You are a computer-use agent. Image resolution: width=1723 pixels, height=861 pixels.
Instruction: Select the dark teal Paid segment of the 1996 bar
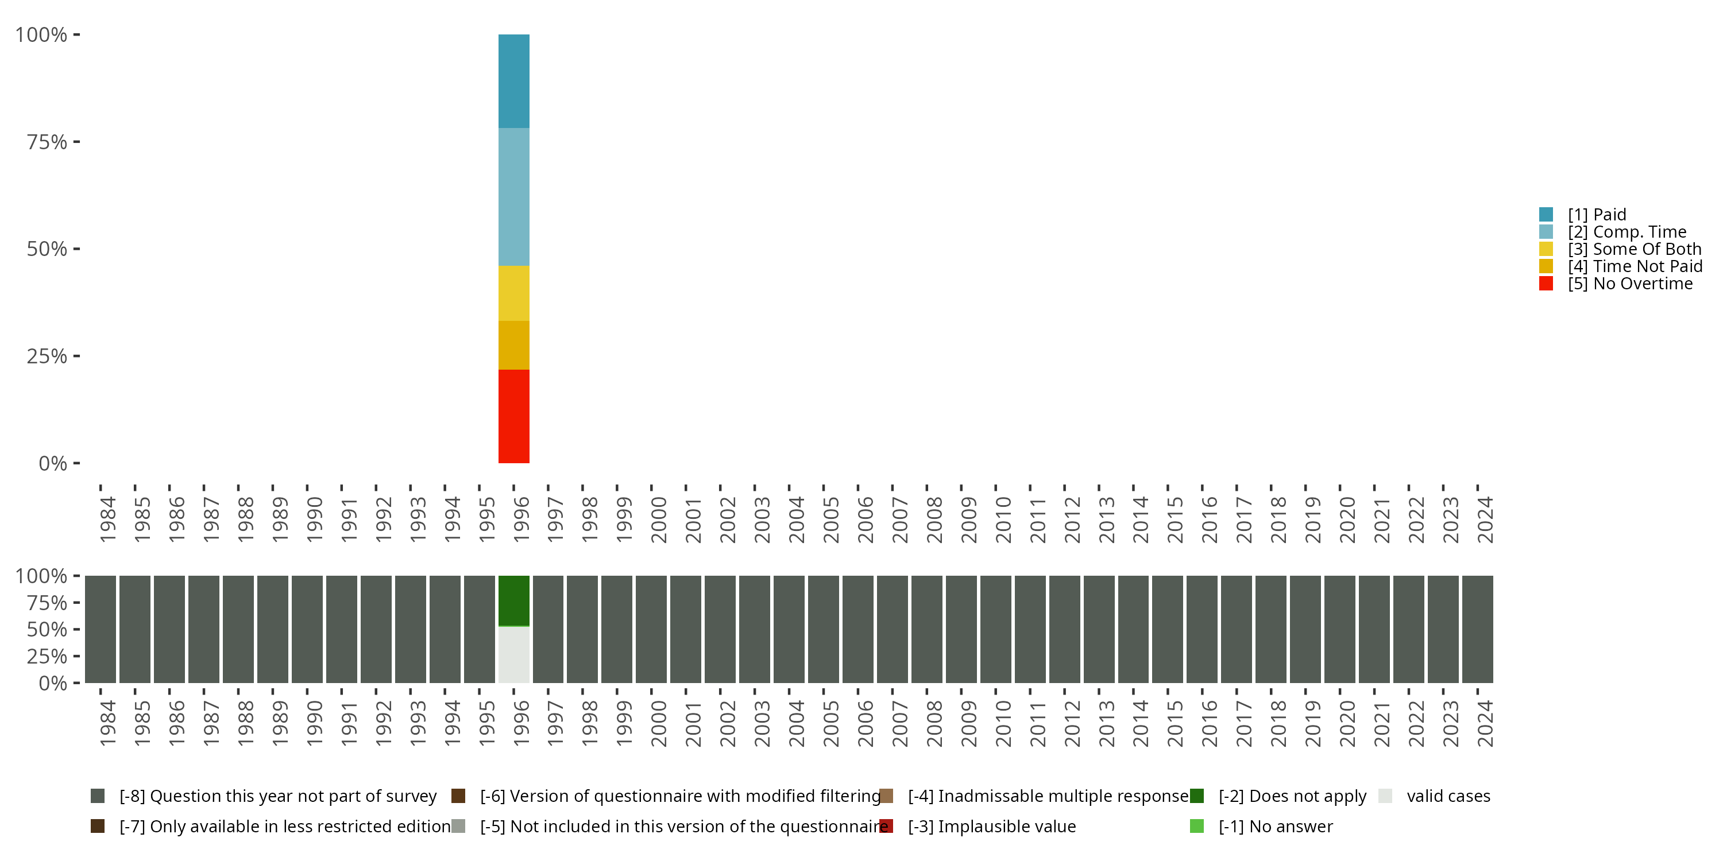coord(513,81)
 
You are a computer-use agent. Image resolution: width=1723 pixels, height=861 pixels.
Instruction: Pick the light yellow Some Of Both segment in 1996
coord(513,293)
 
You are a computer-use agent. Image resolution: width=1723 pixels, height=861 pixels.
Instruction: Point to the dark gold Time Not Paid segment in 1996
coord(513,345)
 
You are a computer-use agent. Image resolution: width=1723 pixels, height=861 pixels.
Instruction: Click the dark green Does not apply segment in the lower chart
coord(513,600)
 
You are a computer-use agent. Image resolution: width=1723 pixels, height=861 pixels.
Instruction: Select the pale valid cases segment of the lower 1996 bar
coord(513,654)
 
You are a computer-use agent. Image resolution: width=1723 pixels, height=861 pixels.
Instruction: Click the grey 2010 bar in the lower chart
coord(996,629)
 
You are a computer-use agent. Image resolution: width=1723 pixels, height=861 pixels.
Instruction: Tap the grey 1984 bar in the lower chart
coord(101,629)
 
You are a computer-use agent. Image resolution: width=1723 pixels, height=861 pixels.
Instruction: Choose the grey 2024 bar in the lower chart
coord(1478,629)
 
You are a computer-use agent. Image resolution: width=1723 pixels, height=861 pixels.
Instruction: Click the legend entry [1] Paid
coord(1597,215)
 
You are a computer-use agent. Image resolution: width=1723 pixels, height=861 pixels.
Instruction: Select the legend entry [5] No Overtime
coord(1629,284)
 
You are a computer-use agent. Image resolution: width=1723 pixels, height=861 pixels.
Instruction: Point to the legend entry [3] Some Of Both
coord(1633,249)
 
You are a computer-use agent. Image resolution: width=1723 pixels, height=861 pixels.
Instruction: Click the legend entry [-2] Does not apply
coord(1292,796)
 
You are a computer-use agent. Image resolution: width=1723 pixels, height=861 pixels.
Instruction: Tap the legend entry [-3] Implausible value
coord(991,826)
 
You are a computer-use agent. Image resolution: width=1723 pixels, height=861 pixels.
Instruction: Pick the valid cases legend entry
coord(1448,796)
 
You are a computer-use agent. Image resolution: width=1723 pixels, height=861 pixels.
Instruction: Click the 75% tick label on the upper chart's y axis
coord(47,142)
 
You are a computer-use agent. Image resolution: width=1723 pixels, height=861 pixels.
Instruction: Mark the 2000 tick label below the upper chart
coord(659,519)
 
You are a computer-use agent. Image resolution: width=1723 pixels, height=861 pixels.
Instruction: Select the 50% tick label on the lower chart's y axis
coord(47,629)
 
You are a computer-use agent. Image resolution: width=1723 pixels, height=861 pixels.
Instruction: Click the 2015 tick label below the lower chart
coord(1175,723)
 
